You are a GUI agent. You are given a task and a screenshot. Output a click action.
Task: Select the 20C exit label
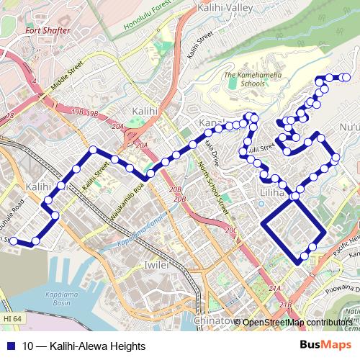(230, 230)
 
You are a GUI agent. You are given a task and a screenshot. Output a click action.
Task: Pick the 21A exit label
(274, 288)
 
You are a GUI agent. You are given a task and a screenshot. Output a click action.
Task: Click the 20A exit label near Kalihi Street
(141, 145)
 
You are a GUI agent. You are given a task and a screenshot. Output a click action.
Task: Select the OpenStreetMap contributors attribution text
(297, 322)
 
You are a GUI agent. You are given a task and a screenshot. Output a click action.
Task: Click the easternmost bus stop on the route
(346, 77)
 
